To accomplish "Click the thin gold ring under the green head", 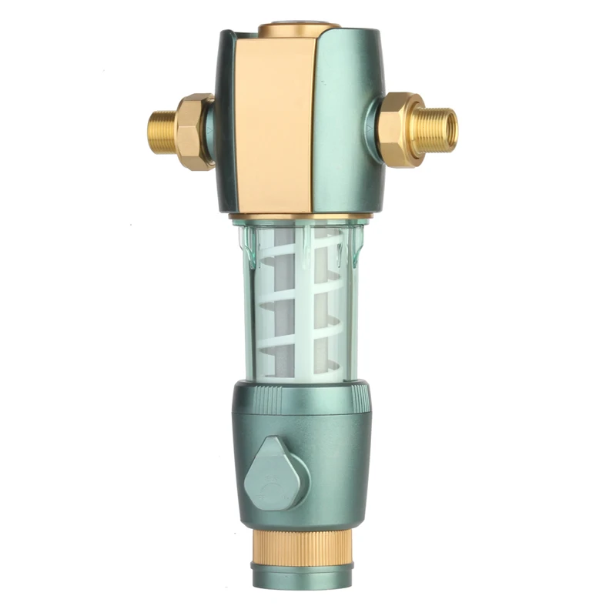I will point(300,216).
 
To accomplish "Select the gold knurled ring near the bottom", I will point(301,548).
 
